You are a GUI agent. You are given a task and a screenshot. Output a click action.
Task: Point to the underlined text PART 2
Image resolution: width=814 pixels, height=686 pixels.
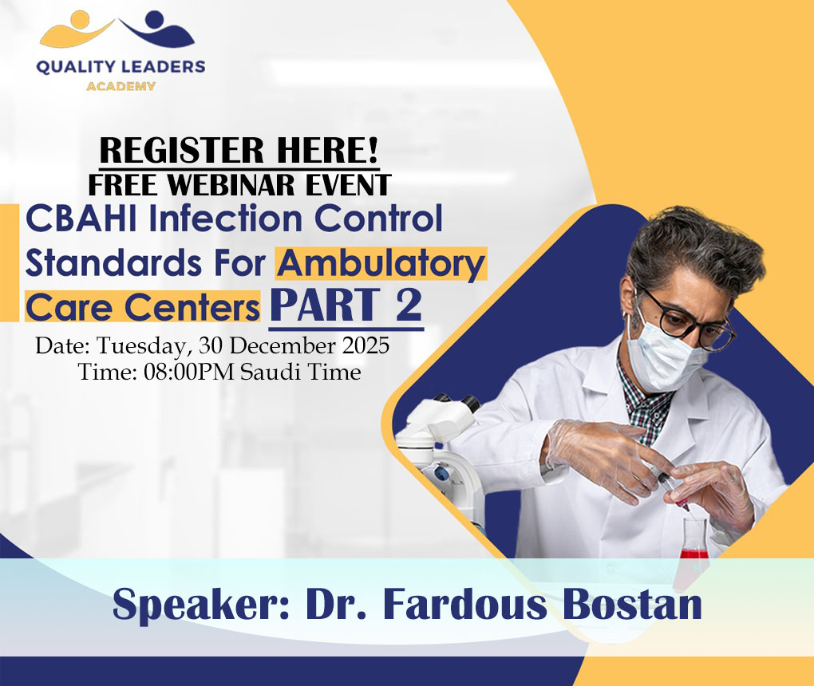[x=346, y=307]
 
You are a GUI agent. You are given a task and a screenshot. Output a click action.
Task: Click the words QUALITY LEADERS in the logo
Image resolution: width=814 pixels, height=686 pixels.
[x=121, y=67]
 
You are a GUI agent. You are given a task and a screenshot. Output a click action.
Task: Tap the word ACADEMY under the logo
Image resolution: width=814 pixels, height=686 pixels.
[x=121, y=85]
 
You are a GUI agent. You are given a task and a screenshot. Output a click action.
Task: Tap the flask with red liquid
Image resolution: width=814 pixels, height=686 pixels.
[x=693, y=542]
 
